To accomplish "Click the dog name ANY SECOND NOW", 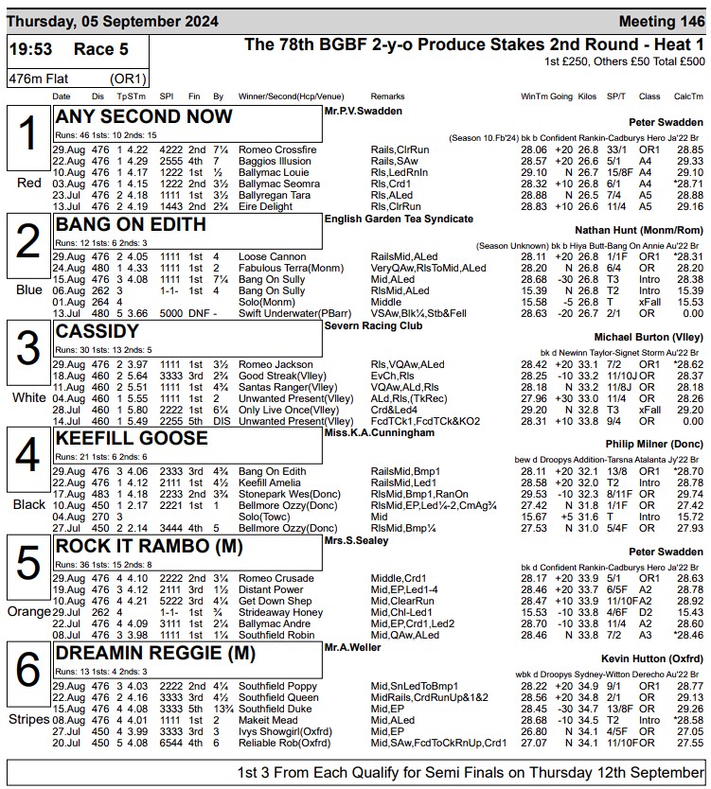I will (x=144, y=117).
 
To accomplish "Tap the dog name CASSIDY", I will (x=98, y=332).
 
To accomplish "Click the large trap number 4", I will (x=28, y=458).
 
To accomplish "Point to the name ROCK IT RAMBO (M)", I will (x=150, y=546).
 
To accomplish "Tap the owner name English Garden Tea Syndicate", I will (x=399, y=219).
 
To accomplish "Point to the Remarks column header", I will (x=387, y=96).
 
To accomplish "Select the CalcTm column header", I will (x=688, y=96).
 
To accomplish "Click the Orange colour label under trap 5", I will (x=28, y=611).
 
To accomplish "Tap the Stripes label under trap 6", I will (x=28, y=718).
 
